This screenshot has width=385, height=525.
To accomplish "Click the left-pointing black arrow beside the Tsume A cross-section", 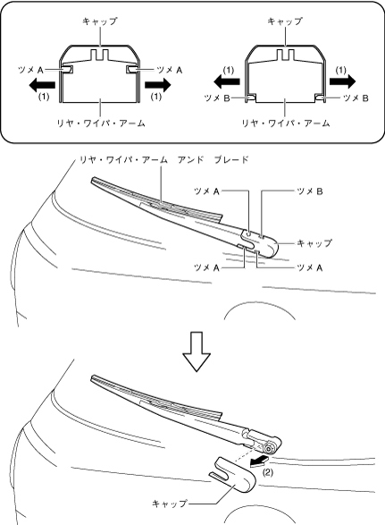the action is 42,85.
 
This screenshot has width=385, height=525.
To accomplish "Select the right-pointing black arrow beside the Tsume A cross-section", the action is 158,85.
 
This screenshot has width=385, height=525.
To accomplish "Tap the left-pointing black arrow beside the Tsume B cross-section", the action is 227,81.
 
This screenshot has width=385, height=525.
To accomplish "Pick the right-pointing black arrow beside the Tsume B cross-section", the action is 342,81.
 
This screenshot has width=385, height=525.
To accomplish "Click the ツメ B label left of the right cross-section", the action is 216,98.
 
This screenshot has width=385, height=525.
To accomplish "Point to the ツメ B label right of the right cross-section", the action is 356,98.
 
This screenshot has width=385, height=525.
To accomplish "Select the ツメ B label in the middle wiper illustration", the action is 310,191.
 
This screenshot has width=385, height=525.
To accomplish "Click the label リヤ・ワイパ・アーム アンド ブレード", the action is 163,160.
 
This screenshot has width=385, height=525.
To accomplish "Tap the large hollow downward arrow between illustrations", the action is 197,351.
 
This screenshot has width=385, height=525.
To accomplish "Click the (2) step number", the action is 267,472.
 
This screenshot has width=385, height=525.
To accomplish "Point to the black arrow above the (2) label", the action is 259,461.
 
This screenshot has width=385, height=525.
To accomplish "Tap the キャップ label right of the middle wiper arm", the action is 314,242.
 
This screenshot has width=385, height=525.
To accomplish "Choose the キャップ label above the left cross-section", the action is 100,21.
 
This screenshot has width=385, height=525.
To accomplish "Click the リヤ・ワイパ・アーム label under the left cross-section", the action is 101,123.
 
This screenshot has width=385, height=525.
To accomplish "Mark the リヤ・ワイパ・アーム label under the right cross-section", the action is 285,123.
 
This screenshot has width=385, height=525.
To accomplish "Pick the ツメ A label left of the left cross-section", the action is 30,71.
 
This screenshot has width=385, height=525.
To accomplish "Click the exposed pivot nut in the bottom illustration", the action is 268,448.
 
